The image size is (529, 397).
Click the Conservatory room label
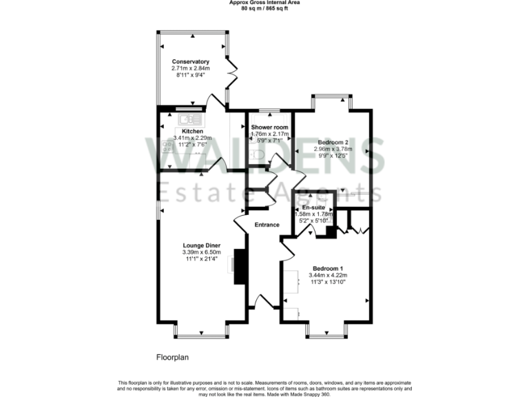coord(190,61)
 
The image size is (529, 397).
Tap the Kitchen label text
coord(192,131)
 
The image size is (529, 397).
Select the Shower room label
coord(269,128)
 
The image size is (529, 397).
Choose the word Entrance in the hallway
coord(267,225)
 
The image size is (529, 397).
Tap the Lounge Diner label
coord(201,245)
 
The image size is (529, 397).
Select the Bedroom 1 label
coord(327,268)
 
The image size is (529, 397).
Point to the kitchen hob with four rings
coord(167,145)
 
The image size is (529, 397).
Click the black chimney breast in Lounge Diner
coord(240,267)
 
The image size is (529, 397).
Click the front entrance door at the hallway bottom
coord(264,301)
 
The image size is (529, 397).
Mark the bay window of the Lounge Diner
coord(201,333)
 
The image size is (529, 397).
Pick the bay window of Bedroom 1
coord(326,333)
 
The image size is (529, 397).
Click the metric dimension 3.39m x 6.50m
coord(201,252)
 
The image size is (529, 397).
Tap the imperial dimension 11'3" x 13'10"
coord(327,282)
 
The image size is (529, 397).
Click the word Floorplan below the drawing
coord(172,358)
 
